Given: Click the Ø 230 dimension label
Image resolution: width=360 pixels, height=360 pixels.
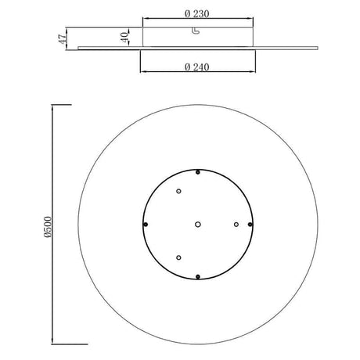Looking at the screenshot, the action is (196, 13).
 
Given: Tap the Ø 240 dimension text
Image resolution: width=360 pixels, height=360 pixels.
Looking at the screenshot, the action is (196, 67).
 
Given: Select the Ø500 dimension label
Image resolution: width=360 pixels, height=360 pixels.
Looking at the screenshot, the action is (48, 227).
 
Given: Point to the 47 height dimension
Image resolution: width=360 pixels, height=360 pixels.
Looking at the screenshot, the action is (63, 38).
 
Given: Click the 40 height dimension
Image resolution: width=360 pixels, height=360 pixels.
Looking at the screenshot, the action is (124, 37).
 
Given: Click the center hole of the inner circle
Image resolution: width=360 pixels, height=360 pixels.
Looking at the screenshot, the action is (198, 225).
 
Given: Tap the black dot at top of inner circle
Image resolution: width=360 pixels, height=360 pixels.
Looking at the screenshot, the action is (198, 172).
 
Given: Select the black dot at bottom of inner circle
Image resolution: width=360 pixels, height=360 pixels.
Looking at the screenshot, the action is (198, 276).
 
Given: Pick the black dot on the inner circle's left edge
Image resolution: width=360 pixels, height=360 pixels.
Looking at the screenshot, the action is (146, 225).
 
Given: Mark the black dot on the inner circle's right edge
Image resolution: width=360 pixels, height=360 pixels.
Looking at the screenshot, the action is (250, 225).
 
